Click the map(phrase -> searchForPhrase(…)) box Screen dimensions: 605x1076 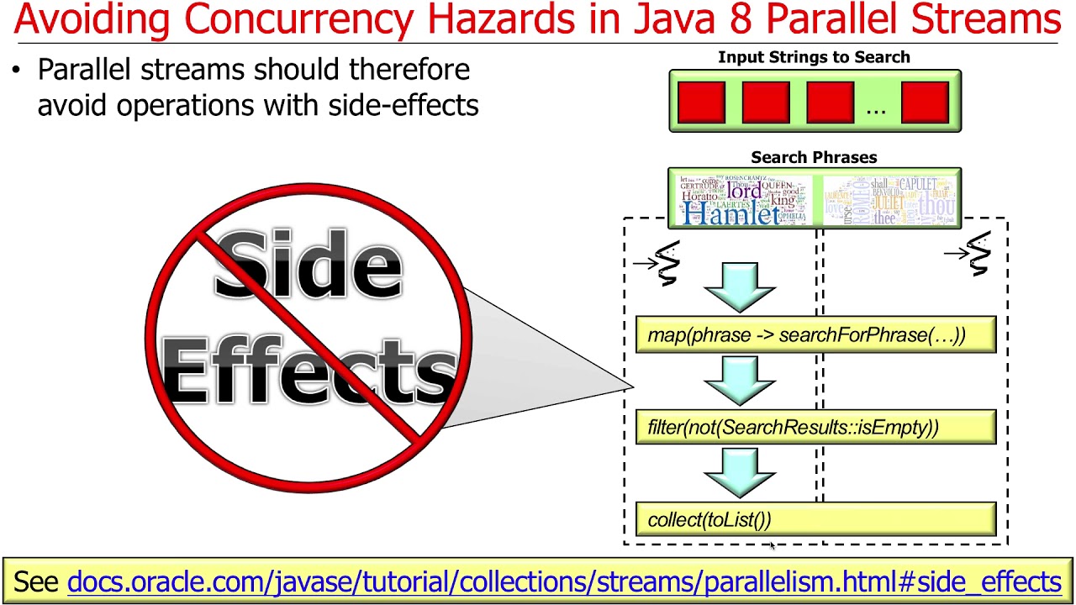pyautogui.click(x=815, y=335)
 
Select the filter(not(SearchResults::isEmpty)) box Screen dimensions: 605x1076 pyautogui.click(x=815, y=428)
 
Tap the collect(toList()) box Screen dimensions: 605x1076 pyautogui.click(x=815, y=520)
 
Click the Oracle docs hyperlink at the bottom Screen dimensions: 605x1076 pyautogui.click(x=564, y=581)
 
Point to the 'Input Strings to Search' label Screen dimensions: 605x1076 pyautogui.click(x=814, y=57)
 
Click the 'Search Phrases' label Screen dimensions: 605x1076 pyautogui.click(x=814, y=157)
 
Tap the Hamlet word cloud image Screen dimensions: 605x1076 pyautogui.click(x=740, y=199)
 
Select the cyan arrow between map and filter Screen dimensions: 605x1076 pyautogui.click(x=740, y=381)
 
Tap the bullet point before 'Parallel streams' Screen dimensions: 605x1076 pyautogui.click(x=16, y=71)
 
